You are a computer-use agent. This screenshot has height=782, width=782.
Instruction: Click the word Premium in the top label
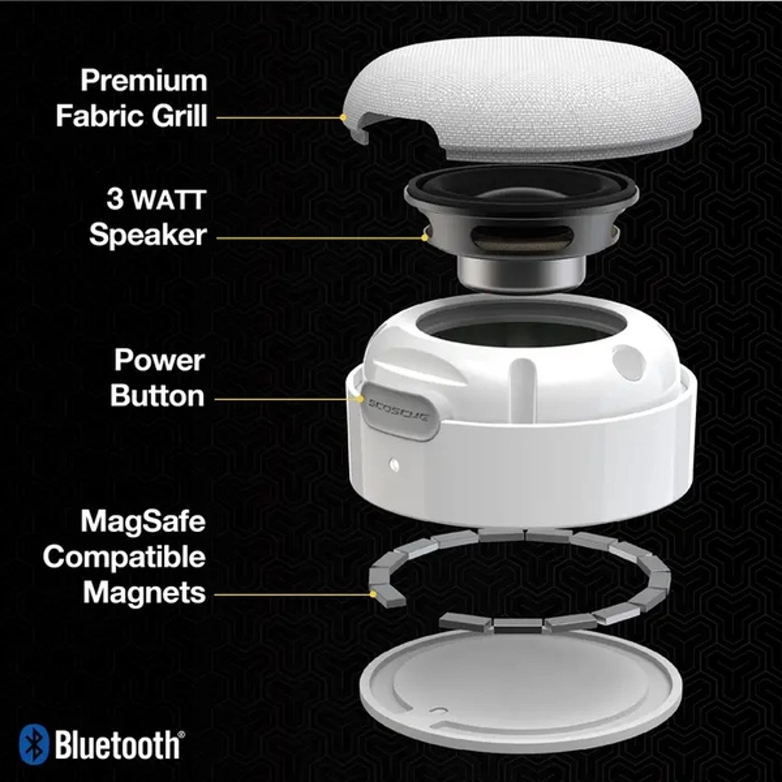144,81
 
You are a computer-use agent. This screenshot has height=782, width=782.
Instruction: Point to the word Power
159,360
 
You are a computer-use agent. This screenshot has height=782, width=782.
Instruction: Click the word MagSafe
143,521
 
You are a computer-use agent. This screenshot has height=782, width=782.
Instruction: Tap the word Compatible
125,557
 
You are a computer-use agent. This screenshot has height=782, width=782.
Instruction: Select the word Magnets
144,593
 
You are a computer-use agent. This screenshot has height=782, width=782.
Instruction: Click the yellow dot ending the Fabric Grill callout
343,117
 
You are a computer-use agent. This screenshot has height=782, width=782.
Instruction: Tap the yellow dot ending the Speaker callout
425,238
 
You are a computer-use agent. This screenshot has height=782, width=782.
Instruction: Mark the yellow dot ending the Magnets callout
373,593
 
